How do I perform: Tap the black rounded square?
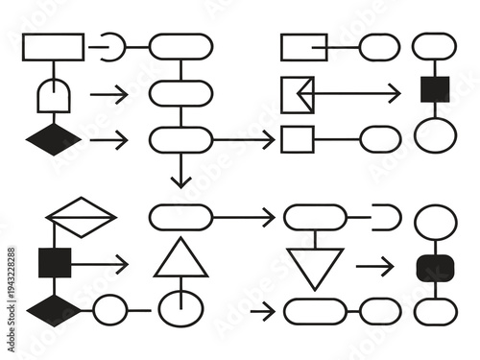click(x=435, y=268)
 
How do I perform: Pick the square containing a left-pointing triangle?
click(x=299, y=93)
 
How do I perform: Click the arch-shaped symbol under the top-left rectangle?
click(x=53, y=95)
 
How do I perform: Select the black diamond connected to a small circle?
click(x=54, y=311)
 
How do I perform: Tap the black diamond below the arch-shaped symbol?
click(x=53, y=140)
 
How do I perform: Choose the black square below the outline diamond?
click(x=54, y=261)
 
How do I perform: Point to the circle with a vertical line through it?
click(x=180, y=309)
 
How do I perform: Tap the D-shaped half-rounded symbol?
click(x=385, y=218)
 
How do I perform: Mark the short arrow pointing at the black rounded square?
click(x=375, y=267)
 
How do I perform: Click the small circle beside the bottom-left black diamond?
click(x=110, y=310)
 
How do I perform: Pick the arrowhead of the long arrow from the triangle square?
click(x=394, y=93)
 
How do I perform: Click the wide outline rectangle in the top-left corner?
click(x=53, y=46)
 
